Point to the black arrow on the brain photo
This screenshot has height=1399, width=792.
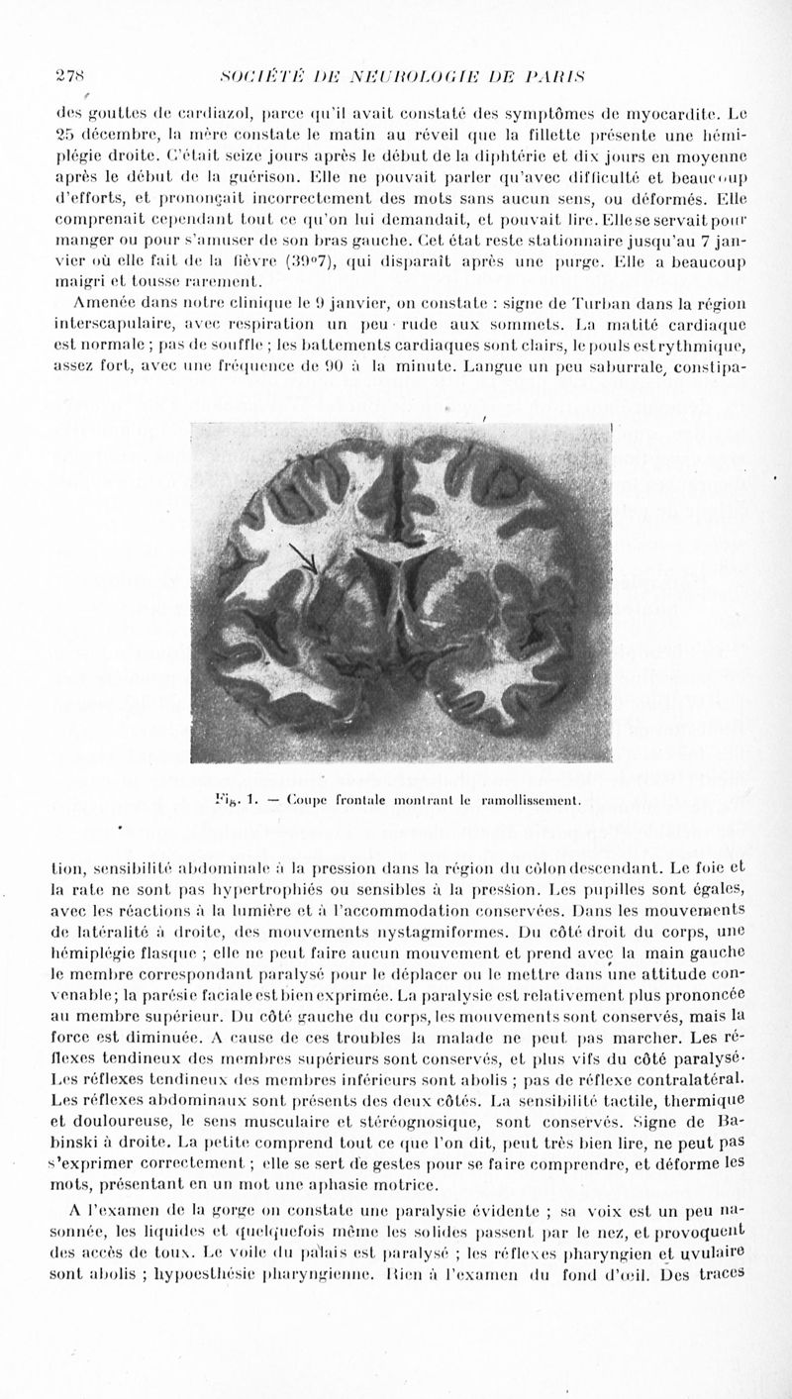pos(302,557)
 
